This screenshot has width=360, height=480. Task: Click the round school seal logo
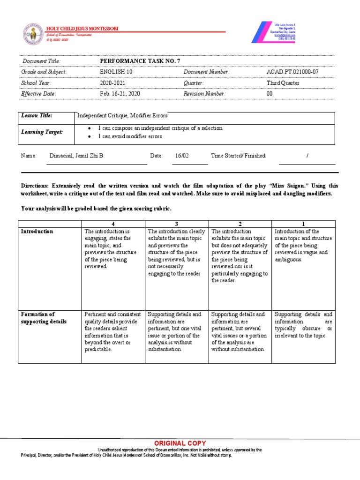point(33,35)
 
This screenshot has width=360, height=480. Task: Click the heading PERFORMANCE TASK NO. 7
point(140,61)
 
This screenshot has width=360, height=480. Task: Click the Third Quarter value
point(283,83)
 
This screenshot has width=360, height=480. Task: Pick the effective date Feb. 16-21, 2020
point(120,94)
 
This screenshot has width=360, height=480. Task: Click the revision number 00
point(269,94)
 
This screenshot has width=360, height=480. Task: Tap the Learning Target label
point(42,132)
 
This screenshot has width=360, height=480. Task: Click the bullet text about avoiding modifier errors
point(129,136)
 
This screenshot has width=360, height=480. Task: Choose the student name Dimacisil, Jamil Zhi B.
point(76,156)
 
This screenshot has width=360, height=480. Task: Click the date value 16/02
point(182,156)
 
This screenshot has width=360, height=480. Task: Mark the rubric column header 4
point(113,224)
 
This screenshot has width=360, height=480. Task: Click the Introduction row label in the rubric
point(37,232)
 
